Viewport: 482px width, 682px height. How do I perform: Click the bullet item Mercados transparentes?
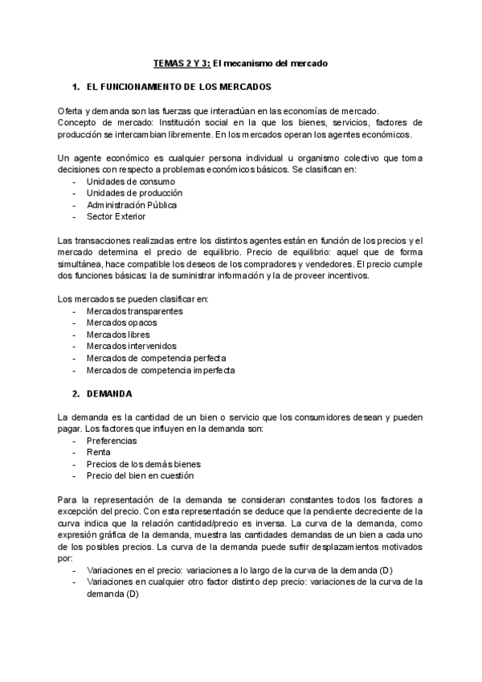coord(135,311)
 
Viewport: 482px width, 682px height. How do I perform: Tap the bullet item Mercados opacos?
coord(123,323)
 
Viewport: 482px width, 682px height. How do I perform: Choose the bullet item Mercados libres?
coord(118,335)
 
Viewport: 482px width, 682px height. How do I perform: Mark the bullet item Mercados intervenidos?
coord(130,347)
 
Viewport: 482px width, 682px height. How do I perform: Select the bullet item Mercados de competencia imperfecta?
coord(161,370)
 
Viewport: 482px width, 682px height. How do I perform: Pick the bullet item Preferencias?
coord(112,441)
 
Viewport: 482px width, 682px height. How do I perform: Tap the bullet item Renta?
coord(99,452)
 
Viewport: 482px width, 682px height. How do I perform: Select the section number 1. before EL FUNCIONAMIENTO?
coord(76,85)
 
